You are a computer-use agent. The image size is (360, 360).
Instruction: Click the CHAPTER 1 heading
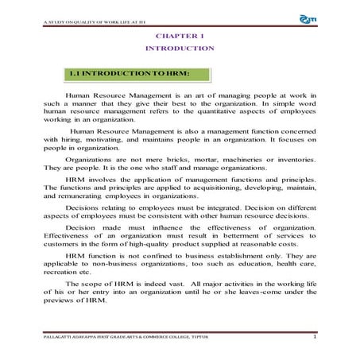(x=180, y=37)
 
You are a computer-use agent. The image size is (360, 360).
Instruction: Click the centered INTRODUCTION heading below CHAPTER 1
(x=180, y=48)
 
